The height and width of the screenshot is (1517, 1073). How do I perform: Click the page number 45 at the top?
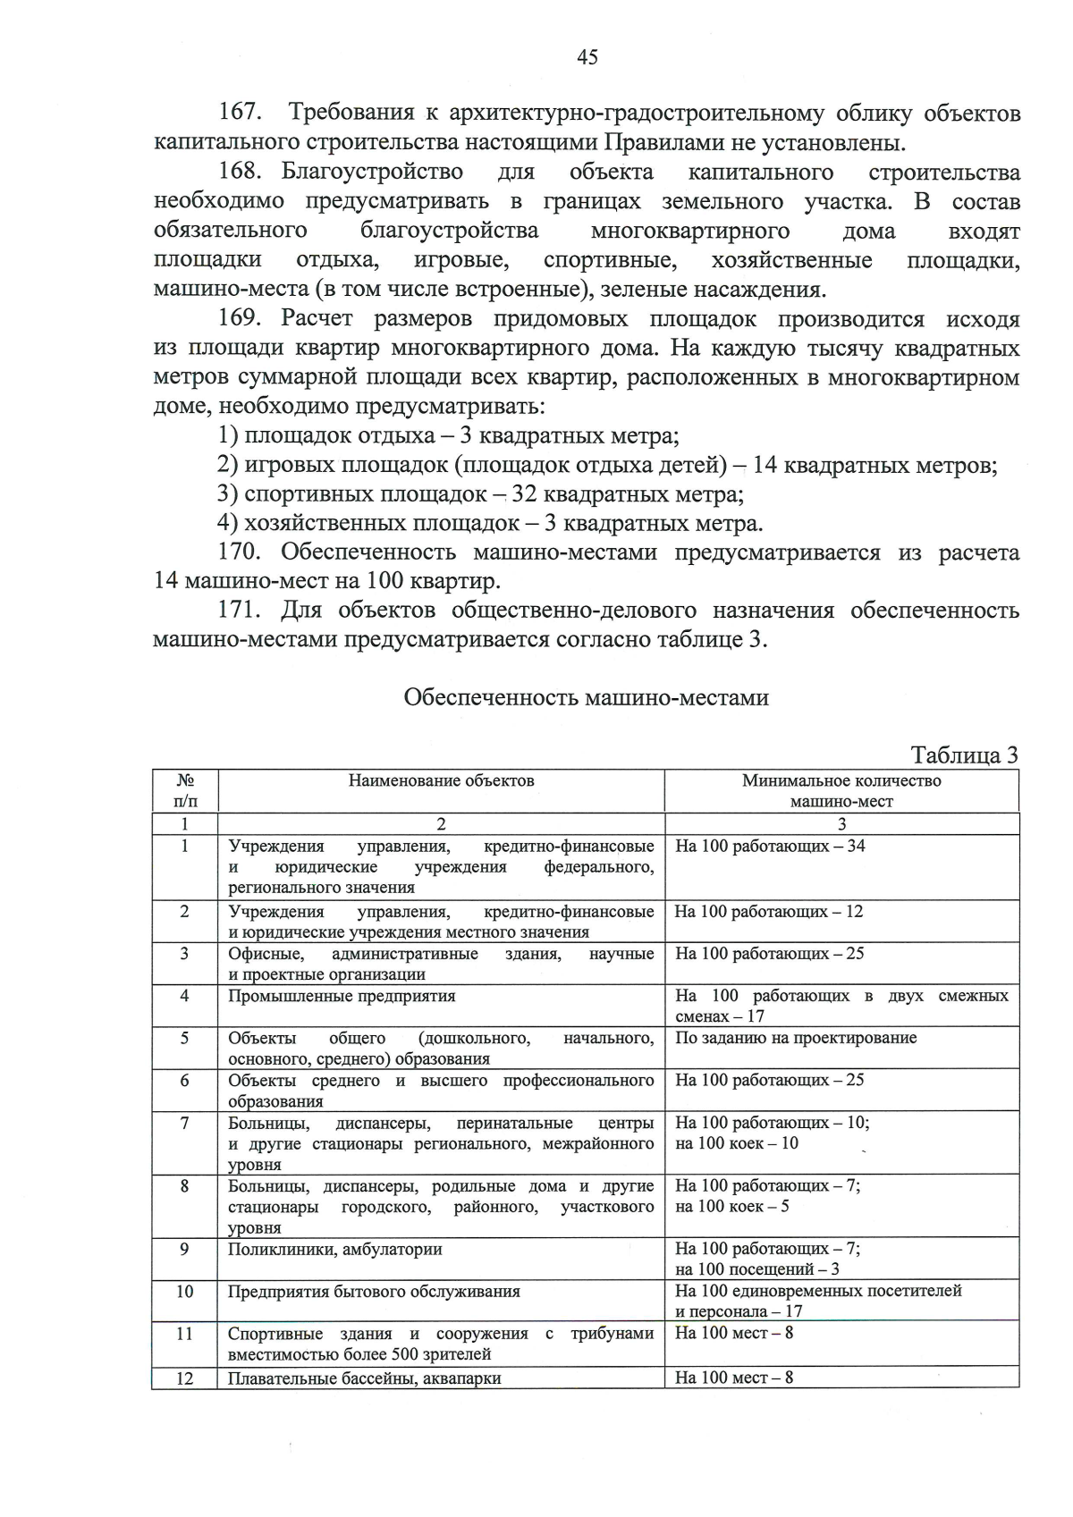pyautogui.click(x=587, y=58)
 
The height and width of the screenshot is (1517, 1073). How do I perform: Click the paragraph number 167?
pyautogui.click(x=240, y=114)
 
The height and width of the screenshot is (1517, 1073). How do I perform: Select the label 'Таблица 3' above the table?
pyautogui.click(x=964, y=755)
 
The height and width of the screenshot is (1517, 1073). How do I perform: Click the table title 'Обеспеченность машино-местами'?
pyautogui.click(x=586, y=697)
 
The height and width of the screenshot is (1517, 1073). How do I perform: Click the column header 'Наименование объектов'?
pyautogui.click(x=441, y=780)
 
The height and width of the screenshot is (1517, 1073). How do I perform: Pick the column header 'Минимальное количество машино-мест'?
pyautogui.click(x=841, y=790)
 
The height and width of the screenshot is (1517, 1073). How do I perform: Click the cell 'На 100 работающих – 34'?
pyautogui.click(x=770, y=846)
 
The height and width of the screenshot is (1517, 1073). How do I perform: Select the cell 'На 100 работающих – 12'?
pyautogui.click(x=769, y=912)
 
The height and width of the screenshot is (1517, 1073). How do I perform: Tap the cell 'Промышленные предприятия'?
pyautogui.click(x=342, y=996)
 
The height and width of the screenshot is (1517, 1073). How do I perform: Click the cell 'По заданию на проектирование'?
pyautogui.click(x=796, y=1038)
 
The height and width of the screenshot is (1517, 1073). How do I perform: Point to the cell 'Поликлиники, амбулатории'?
pyautogui.click(x=334, y=1249)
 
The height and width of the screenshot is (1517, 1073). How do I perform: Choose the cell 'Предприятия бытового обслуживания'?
pyautogui.click(x=374, y=1291)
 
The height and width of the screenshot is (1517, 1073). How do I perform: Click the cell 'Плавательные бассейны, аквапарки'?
pyautogui.click(x=364, y=1378)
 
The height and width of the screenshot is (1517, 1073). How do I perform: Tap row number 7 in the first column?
pyautogui.click(x=184, y=1123)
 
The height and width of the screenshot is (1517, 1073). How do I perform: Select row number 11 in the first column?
pyautogui.click(x=184, y=1333)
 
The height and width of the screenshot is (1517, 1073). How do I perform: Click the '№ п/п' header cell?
pyautogui.click(x=184, y=790)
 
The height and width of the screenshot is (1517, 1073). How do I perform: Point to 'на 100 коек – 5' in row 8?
pyautogui.click(x=731, y=1207)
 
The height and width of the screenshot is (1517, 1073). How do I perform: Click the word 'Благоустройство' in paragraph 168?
pyautogui.click(x=372, y=172)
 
